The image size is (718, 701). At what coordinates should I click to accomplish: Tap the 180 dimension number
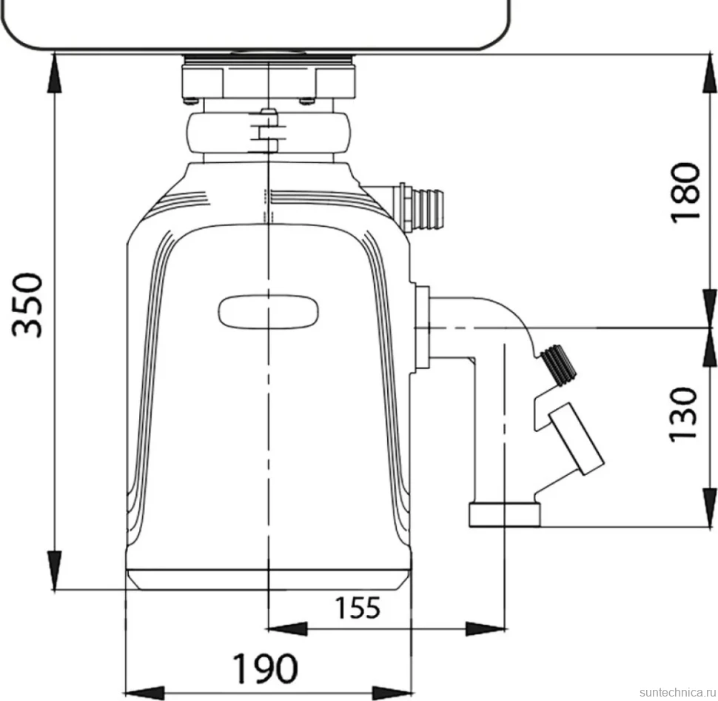(685, 193)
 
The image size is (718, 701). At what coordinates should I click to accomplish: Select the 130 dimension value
(682, 415)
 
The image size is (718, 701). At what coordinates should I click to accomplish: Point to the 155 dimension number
(358, 608)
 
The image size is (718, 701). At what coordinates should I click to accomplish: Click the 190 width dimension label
(265, 668)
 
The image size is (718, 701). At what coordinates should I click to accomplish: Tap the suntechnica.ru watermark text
(677, 692)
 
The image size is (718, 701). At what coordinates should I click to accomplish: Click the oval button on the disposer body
(269, 312)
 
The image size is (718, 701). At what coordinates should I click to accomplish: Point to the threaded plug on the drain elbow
(558, 365)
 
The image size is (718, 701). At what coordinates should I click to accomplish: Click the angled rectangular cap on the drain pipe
(577, 438)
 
